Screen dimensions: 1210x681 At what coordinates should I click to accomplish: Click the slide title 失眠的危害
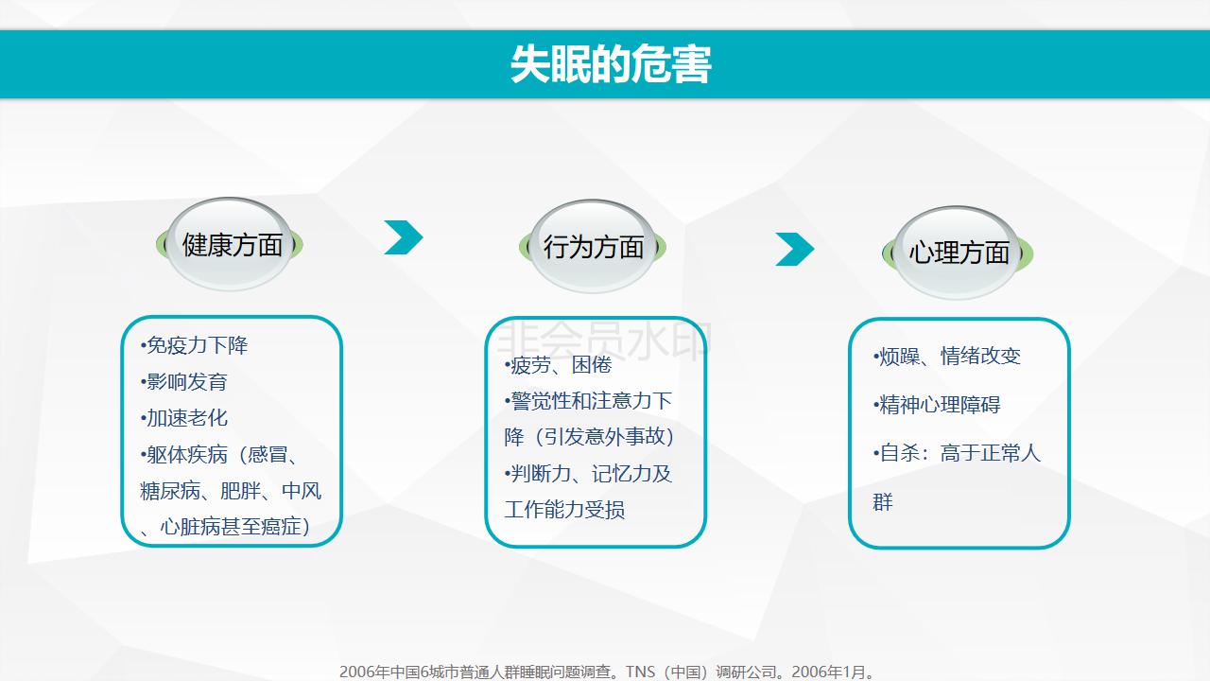(611, 64)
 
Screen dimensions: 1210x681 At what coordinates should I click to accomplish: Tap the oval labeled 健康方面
(230, 244)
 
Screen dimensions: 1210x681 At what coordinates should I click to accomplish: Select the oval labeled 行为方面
(593, 247)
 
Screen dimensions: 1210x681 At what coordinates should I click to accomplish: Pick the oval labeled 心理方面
(958, 253)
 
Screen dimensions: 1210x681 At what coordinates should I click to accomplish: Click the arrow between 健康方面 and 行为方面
(404, 237)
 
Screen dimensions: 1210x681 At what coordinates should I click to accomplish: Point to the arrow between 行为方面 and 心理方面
(795, 249)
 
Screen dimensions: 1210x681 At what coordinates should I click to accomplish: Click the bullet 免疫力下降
(194, 345)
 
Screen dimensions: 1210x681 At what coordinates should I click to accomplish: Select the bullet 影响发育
(183, 381)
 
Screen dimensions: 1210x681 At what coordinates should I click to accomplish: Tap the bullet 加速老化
(183, 418)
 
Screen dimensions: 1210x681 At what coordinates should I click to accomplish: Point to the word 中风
(302, 491)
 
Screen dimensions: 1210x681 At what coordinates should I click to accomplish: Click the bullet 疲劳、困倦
(558, 365)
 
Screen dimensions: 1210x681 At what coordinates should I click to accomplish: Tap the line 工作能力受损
(564, 509)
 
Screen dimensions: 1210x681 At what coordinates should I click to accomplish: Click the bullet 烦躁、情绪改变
(946, 357)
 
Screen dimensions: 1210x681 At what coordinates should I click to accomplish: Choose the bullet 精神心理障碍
(937, 404)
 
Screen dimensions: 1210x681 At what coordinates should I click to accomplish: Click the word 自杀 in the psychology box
(900, 453)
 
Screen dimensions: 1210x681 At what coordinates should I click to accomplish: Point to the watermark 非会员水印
(603, 340)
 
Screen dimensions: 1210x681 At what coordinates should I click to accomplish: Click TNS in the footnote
(640, 672)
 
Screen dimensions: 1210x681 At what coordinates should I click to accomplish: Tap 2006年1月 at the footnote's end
(829, 672)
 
